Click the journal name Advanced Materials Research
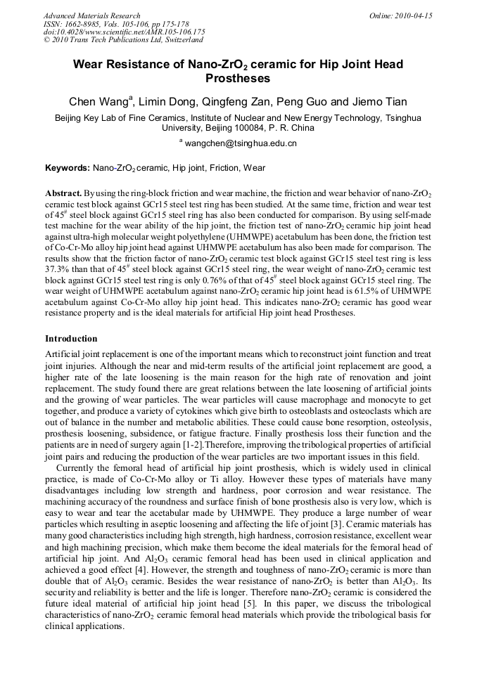[x=91, y=15]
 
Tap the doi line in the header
[x=124, y=32]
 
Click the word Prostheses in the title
[x=238, y=78]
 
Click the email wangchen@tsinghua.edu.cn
[x=241, y=143]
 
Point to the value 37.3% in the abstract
[x=58, y=269]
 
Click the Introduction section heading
[x=71, y=339]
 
